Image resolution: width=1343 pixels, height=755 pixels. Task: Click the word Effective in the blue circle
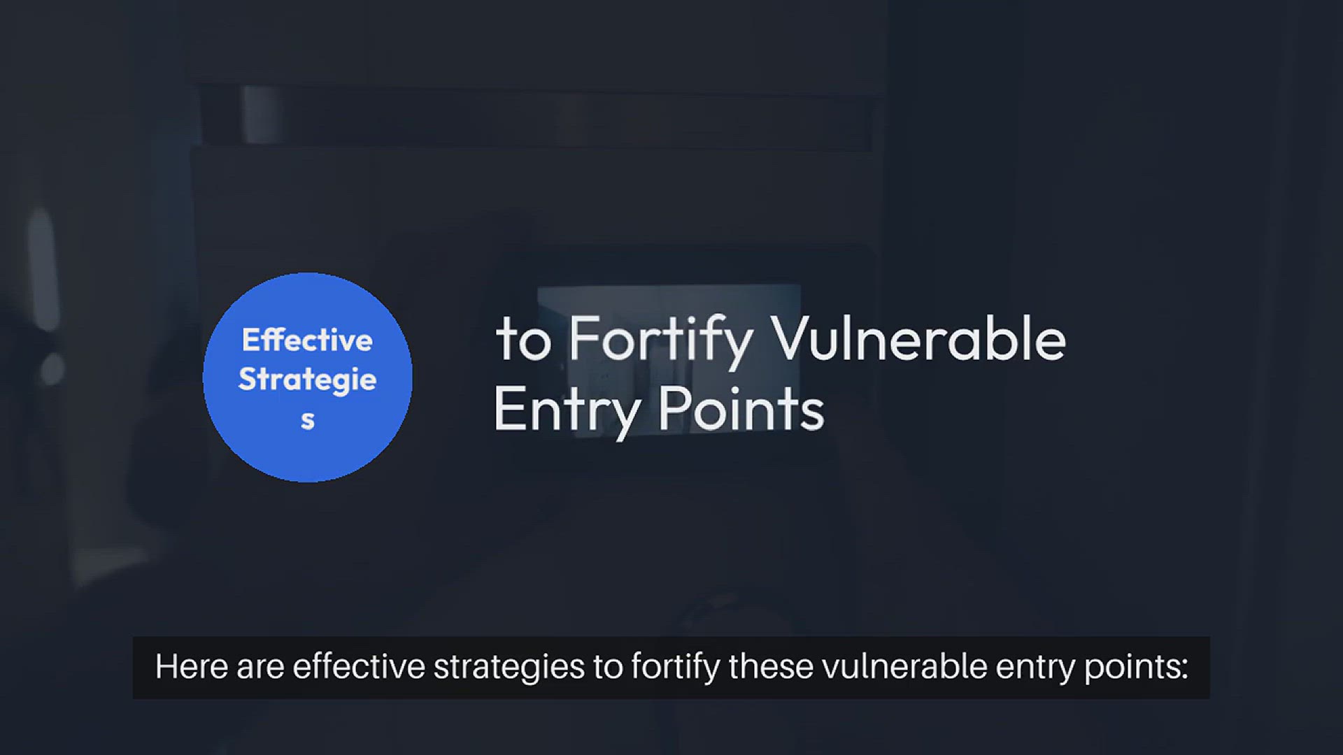(x=307, y=340)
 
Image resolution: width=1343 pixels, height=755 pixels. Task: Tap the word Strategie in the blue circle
(x=307, y=380)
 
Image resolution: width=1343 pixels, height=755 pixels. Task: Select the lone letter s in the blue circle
(x=307, y=420)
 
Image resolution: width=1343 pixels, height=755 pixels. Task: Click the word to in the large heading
(x=523, y=340)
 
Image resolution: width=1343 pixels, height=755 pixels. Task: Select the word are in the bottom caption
(x=260, y=669)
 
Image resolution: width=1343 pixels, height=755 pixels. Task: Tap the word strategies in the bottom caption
(x=509, y=668)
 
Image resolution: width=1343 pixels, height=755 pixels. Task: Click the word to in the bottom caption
(x=609, y=668)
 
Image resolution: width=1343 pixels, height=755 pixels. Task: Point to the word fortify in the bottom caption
(x=675, y=668)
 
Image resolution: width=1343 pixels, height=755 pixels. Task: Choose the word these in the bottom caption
(x=770, y=666)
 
